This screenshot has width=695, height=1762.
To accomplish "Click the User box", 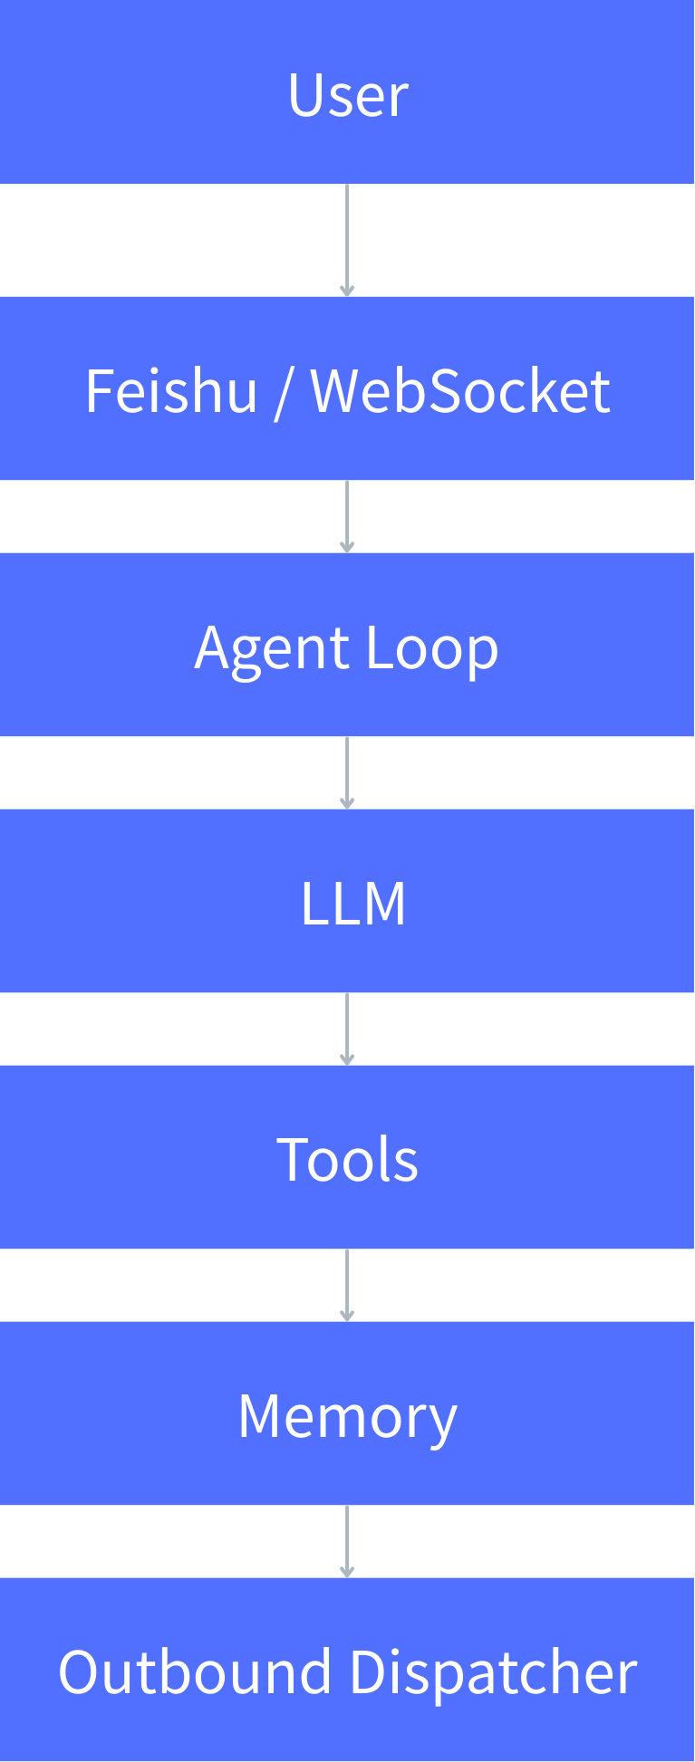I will [x=347, y=92].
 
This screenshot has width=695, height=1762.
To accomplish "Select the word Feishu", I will [x=171, y=391].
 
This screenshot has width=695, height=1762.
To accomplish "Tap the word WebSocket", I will [x=460, y=391].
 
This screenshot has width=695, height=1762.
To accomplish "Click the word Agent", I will [x=272, y=648].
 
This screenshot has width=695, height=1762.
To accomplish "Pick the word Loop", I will [x=432, y=648].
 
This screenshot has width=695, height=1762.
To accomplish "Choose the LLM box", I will [x=347, y=902].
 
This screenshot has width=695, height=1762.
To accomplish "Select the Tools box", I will [x=347, y=1158].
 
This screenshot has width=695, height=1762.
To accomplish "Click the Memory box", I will [x=347, y=1414].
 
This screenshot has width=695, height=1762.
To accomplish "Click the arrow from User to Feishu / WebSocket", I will [x=347, y=240].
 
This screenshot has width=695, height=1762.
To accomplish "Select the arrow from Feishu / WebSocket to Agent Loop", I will [x=347, y=516].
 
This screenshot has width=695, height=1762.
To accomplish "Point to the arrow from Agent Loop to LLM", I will [x=347, y=772].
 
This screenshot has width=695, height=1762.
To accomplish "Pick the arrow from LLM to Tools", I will [x=347, y=1029].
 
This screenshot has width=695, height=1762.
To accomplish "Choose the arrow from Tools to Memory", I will [x=347, y=1285].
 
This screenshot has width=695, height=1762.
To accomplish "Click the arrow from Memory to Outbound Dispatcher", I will [x=347, y=1541].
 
